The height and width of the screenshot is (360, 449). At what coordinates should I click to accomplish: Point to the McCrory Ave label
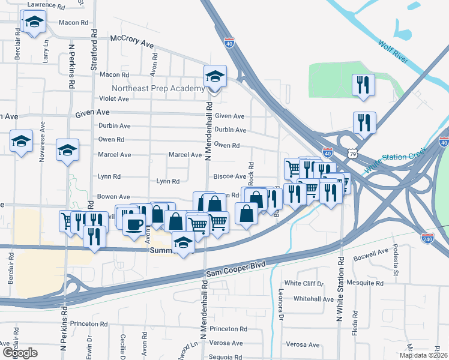(x=132, y=42)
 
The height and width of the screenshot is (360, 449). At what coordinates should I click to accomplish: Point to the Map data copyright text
(x=423, y=355)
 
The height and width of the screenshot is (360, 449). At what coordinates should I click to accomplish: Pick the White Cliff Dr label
(x=304, y=283)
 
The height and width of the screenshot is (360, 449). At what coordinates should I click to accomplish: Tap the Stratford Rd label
(x=94, y=48)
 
